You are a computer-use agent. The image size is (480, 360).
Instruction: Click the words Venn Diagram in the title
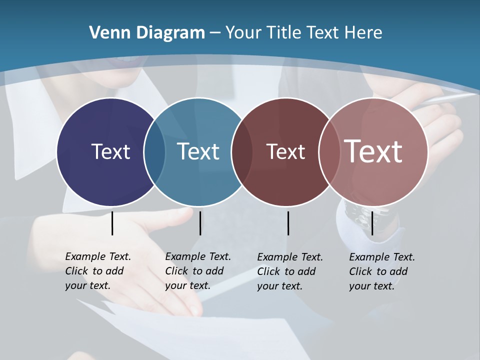[x=147, y=33]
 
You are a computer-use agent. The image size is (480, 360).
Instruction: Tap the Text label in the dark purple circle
[x=110, y=151]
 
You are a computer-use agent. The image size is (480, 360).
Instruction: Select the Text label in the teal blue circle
[x=198, y=151]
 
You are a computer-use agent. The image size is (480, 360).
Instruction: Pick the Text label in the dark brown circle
[x=285, y=151]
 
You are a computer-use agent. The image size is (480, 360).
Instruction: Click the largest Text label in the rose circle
[x=373, y=151]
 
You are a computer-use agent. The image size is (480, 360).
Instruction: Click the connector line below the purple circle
[x=112, y=223]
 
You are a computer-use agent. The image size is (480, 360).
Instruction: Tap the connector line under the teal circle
[x=200, y=223]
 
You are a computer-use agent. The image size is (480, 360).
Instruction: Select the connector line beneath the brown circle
[x=288, y=223]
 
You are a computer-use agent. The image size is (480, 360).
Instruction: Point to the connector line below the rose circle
[x=372, y=223]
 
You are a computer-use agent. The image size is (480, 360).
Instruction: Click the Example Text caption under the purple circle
[x=98, y=271]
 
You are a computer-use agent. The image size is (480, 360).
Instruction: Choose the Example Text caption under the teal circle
[x=198, y=271]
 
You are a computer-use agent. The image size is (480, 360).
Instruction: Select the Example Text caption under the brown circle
[x=290, y=271]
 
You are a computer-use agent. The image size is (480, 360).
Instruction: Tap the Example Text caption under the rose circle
[x=382, y=271]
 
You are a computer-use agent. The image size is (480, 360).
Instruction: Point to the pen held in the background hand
[x=450, y=98]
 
